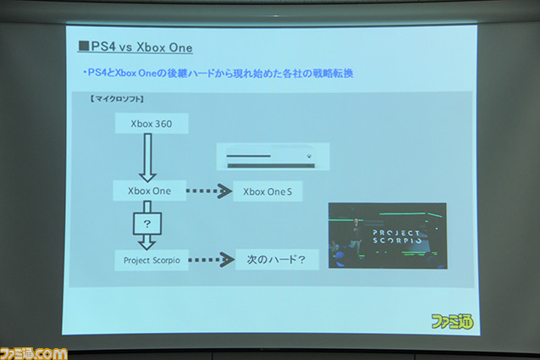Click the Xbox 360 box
click(x=152, y=124)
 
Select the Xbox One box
click(x=150, y=191)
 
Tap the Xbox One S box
click(x=267, y=191)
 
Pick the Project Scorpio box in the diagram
click(x=152, y=260)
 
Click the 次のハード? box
click(x=277, y=259)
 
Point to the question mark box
click(x=147, y=224)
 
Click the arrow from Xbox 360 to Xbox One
click(x=147, y=158)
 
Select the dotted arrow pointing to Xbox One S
click(x=209, y=191)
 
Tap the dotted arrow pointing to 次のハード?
click(x=211, y=260)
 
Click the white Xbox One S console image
click(x=273, y=157)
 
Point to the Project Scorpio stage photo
click(x=388, y=236)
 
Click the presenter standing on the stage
click(x=355, y=235)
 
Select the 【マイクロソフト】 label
click(x=117, y=99)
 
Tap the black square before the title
click(x=84, y=46)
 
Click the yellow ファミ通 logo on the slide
click(x=452, y=321)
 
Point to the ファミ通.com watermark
click(x=33, y=354)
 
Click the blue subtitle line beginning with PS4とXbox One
click(x=218, y=73)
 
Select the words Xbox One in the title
click(x=164, y=47)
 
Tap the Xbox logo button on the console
click(x=310, y=156)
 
